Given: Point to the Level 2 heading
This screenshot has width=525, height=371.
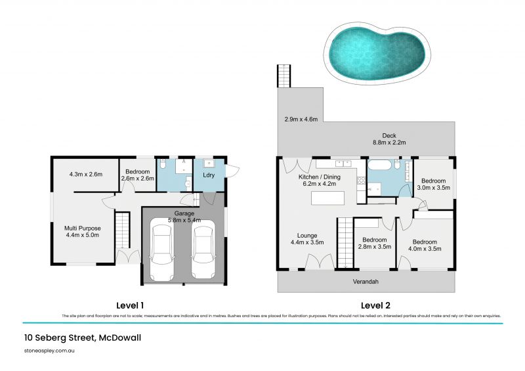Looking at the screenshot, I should click(375, 305).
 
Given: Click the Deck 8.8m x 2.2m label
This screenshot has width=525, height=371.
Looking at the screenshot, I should click(390, 139).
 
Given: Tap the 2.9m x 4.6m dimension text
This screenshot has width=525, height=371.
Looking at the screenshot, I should click(301, 120).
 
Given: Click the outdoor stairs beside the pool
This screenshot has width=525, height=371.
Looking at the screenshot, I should click(283, 76).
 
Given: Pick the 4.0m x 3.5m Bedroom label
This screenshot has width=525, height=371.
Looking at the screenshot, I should click(425, 244).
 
